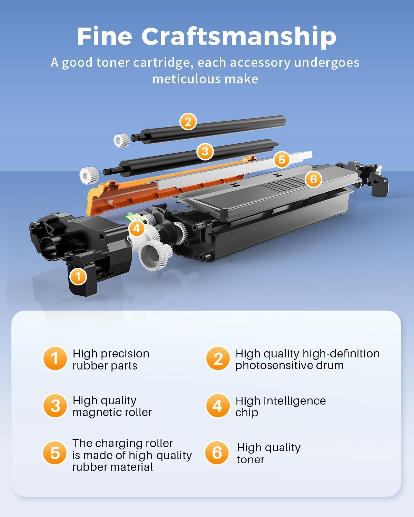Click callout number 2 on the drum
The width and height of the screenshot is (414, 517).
pos(188,122)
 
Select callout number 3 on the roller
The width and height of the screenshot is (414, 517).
pos(205,151)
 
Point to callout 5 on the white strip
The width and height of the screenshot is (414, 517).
pos(282,160)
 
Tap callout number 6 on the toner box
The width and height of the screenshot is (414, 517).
pos(313,179)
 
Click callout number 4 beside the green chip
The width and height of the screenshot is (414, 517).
pos(136,229)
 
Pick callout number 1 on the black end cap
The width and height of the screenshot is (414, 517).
pos(78,276)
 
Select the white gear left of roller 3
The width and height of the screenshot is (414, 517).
pos(89,175)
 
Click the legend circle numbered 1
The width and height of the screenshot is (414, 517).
pos(55,358)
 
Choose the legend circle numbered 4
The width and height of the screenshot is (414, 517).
pos(217,406)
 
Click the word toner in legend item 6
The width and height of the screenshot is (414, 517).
pos(250,459)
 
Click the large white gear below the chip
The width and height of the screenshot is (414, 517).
pos(155,255)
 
